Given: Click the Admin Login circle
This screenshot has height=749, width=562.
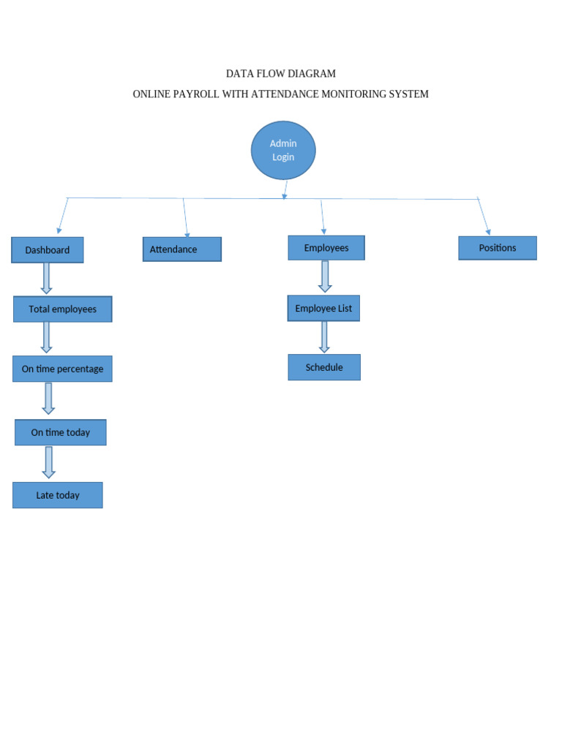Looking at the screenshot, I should tap(283, 150).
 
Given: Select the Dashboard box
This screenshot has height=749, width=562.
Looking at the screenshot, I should tap(48, 250).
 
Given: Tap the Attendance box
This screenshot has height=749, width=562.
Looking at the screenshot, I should tap(181, 249).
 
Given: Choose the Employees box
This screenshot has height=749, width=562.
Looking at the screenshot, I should tap(326, 248).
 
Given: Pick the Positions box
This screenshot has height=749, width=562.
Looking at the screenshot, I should tap(498, 248).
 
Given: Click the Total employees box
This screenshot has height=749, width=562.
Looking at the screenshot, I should tap(63, 309).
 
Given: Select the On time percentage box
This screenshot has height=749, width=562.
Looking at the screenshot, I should tap(62, 369).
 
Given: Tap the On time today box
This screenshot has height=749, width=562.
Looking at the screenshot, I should tap(61, 432).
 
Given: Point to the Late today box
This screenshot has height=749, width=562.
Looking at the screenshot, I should tap(58, 495).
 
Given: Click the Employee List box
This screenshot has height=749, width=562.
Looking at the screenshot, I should tap(323, 309).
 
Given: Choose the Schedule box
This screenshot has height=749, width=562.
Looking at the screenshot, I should tap(324, 367).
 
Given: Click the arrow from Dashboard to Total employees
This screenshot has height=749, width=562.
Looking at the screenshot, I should tap(47, 279).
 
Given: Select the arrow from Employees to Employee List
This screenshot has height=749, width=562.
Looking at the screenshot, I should tap(325, 276).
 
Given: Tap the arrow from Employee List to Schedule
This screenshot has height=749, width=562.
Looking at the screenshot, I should tap(324, 337).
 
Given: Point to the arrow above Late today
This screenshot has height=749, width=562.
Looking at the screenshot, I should tap(49, 462).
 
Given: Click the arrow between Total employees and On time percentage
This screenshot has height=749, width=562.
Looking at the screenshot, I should tap(47, 337).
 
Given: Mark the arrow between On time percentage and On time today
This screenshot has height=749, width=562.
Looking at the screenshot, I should tap(48, 399).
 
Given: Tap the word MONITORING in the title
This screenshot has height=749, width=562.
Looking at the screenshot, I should tap(351, 94).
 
